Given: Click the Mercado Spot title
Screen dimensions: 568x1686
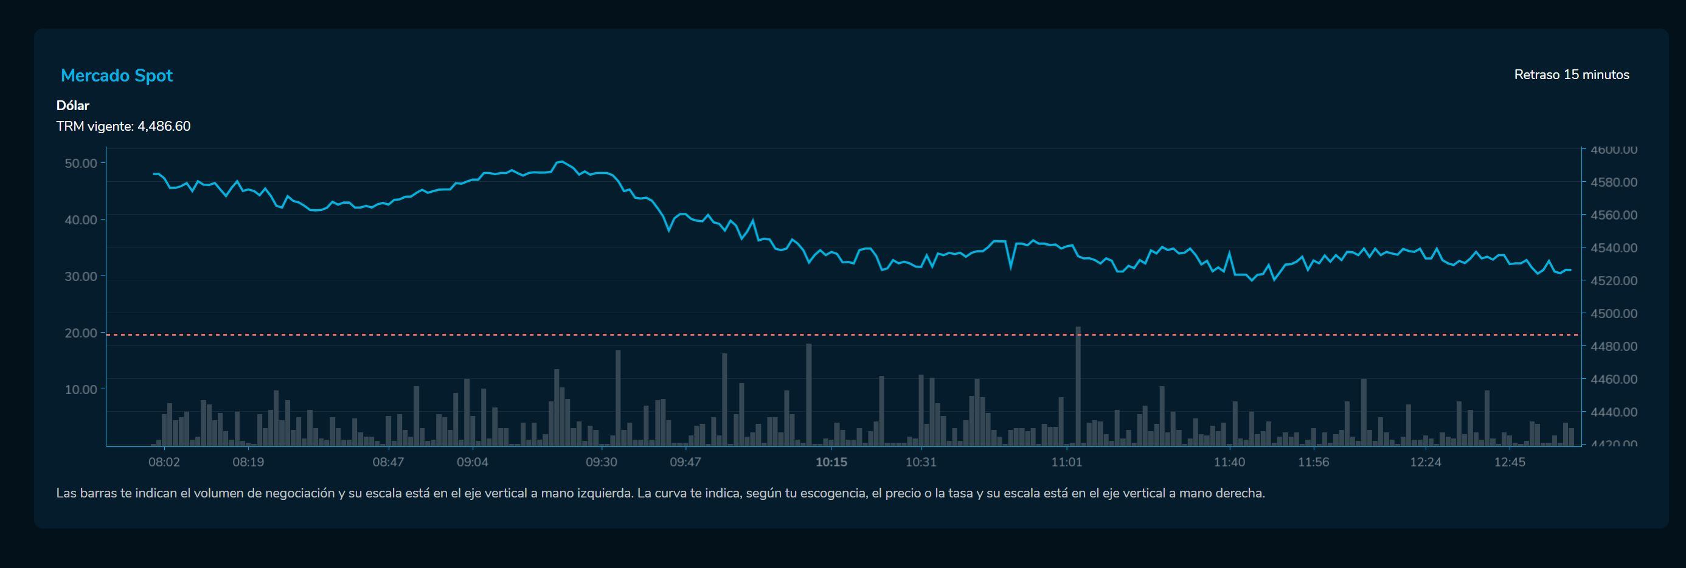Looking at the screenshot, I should (117, 76).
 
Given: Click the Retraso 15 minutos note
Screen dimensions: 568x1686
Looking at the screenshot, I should (1571, 75).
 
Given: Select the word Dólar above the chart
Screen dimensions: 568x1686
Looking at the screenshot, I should (72, 105).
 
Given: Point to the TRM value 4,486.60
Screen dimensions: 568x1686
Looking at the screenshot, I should (164, 126).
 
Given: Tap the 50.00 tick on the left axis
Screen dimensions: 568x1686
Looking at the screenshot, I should (80, 163).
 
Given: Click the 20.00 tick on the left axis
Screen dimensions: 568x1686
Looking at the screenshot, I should (80, 333).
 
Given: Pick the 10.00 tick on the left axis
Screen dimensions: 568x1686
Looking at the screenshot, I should (80, 389).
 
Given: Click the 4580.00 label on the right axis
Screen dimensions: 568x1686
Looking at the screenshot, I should (1614, 182).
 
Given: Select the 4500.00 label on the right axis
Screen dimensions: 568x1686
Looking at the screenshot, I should (1614, 313).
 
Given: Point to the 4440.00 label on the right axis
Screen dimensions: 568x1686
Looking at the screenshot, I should (1614, 412).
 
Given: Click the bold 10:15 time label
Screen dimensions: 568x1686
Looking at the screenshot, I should (831, 462).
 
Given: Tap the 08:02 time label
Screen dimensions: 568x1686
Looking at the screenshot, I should (164, 462).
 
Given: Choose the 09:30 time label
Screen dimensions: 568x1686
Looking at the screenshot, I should (601, 462).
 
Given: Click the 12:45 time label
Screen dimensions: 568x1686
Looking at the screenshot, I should (1509, 462).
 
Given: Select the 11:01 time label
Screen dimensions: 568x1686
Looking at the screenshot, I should (1066, 462).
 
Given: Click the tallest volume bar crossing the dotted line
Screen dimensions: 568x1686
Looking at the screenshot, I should (1078, 386).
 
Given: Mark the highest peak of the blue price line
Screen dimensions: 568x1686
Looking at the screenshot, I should (561, 161).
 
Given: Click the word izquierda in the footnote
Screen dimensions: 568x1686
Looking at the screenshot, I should (605, 493).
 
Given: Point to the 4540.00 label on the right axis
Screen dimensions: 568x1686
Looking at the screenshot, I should (1614, 248).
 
